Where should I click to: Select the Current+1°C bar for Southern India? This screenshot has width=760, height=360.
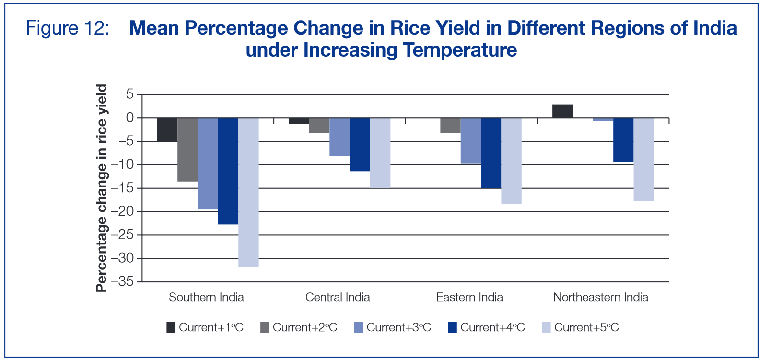(167, 130)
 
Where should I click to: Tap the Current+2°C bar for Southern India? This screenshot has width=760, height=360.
(187, 150)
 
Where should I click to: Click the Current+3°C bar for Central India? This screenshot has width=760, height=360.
(339, 137)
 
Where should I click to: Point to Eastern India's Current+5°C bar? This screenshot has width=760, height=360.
(511, 161)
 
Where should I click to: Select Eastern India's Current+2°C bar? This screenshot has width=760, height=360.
(450, 126)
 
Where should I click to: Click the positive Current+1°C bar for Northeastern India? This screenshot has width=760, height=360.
(562, 111)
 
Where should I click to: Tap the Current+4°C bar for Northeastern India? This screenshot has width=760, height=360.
(623, 140)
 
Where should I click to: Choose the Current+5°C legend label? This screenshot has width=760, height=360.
(586, 327)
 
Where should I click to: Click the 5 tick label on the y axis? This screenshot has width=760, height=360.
(130, 94)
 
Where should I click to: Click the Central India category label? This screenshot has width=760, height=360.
(338, 297)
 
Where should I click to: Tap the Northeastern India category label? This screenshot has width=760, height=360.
(601, 297)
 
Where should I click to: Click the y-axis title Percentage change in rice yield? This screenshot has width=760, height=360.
(101, 188)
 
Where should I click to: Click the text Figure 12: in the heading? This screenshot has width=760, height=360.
(68, 28)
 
